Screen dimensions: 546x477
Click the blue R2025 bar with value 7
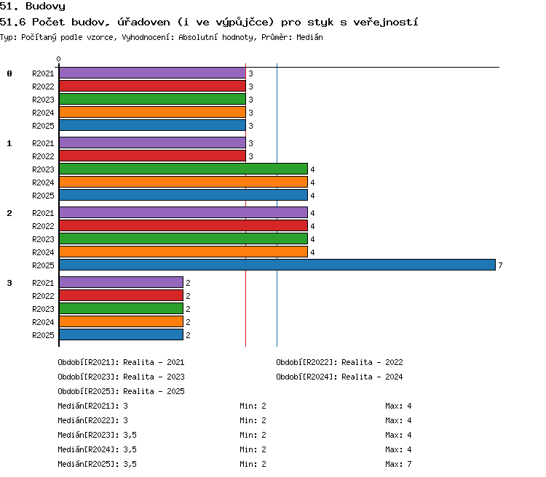tap(277, 265)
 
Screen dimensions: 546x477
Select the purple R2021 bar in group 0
tap(153, 73)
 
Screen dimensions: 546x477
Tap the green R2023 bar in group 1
tap(183, 169)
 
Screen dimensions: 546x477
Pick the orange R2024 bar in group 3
tap(121, 321)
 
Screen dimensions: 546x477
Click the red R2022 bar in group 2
tap(183, 225)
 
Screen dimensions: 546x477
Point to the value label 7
tap(500, 265)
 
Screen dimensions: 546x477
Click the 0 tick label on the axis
tap(58, 59)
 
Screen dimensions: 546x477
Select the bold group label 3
tap(9, 283)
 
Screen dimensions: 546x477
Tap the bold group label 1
tap(9, 143)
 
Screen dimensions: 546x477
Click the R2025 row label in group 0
tap(43, 126)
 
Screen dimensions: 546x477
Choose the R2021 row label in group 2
tap(43, 213)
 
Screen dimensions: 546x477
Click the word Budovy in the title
tap(45, 7)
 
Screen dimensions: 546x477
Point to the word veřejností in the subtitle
tap(385, 23)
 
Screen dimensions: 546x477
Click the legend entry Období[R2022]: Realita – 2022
tap(339, 362)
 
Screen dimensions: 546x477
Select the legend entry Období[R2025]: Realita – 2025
tap(121, 391)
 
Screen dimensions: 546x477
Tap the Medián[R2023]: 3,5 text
tap(97, 435)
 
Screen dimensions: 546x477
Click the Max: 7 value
tap(398, 464)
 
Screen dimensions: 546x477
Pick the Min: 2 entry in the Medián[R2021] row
tap(253, 406)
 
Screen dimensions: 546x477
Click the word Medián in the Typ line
tap(309, 37)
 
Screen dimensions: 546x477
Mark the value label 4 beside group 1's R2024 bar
tap(312, 183)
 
